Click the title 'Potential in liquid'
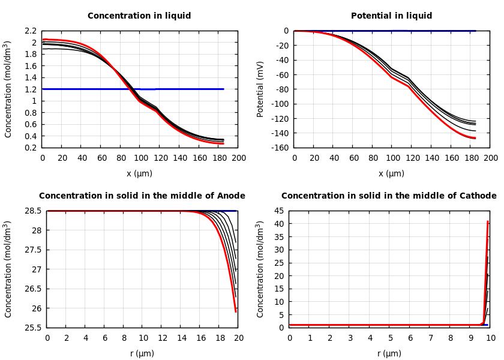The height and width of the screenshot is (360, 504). click(x=391, y=16)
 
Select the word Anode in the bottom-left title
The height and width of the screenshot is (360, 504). click(x=229, y=196)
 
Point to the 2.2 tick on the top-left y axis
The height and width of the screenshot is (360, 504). click(x=30, y=31)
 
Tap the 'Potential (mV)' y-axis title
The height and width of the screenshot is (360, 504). click(x=260, y=89)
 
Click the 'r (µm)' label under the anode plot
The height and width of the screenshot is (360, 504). click(x=142, y=353)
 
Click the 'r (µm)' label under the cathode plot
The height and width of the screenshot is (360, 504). click(x=389, y=353)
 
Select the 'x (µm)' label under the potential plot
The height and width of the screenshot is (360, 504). click(x=391, y=173)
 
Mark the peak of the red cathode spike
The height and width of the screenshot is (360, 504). click(x=488, y=221)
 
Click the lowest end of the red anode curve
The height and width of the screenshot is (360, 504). click(x=236, y=312)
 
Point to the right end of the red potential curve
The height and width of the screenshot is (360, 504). click(x=475, y=138)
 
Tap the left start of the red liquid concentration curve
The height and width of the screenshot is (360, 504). click(x=43, y=39)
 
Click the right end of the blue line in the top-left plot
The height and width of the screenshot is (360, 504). click(x=224, y=89)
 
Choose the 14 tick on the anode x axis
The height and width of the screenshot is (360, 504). click(x=181, y=338)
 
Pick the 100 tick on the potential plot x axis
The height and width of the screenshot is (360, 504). click(x=392, y=158)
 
